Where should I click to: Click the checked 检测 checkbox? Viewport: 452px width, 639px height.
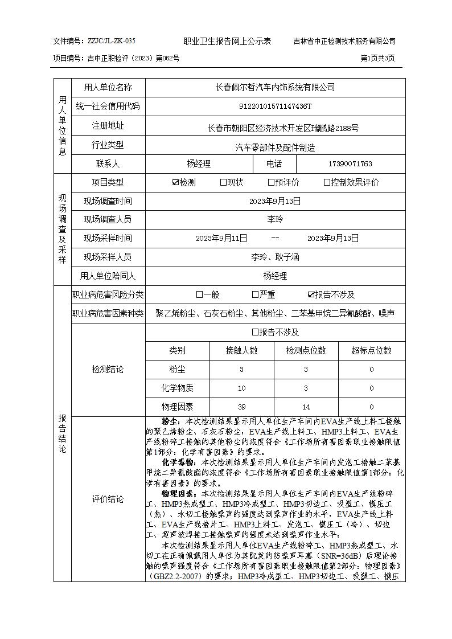pos(175,183)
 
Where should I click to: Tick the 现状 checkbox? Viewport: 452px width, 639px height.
pos(223,183)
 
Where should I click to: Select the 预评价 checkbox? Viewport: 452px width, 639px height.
pos(271,183)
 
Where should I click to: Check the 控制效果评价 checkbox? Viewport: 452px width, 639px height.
pos(327,183)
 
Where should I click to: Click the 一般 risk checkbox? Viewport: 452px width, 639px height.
pos(199,295)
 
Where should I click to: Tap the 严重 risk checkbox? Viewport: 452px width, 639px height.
pos(255,295)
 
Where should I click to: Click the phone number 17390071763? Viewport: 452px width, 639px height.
pos(350,164)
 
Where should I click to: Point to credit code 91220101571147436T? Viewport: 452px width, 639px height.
pos(275,106)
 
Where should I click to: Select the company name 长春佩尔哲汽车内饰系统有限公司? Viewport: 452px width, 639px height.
pos(275,87)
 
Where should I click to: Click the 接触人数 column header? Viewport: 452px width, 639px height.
pos(242,351)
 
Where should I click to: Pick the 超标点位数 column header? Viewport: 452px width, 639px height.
pos(371,351)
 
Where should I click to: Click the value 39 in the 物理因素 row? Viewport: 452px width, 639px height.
pos(242,407)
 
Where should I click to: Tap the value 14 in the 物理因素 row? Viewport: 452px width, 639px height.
pos(306,407)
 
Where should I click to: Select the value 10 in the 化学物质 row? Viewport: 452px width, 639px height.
pos(242,388)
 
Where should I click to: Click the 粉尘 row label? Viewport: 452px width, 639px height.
pos(177,370)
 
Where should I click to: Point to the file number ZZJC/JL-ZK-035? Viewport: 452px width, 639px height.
pos(111,41)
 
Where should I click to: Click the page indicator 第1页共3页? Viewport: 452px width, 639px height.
pos(377,58)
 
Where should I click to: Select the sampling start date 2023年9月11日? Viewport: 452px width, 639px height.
pos(221,238)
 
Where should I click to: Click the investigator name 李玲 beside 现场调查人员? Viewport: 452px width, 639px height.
pos(275,219)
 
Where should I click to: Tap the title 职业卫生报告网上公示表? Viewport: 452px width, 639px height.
pos(227,41)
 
